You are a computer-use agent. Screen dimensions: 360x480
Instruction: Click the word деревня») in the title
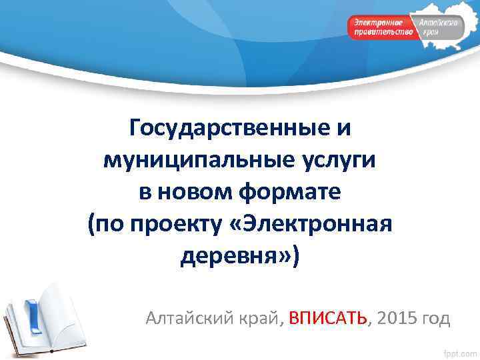click(241, 256)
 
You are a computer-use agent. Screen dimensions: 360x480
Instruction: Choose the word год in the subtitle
click(436, 318)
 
